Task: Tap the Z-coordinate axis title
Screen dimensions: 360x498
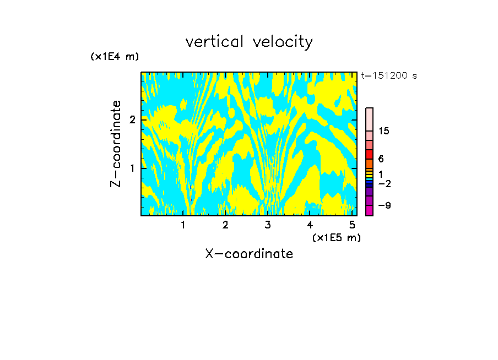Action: (x=116, y=144)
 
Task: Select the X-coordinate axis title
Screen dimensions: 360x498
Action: (x=249, y=254)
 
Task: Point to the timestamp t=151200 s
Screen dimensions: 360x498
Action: (x=388, y=76)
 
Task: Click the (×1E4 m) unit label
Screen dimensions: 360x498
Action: (x=115, y=57)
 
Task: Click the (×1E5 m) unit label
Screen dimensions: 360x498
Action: (x=336, y=237)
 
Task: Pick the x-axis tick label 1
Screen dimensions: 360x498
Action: (x=183, y=225)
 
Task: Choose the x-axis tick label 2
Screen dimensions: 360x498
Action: (x=225, y=225)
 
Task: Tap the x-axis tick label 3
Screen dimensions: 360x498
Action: (x=268, y=225)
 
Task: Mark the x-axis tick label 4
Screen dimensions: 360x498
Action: (x=310, y=225)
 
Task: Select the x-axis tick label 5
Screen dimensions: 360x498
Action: (x=352, y=225)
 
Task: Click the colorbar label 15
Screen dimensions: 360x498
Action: (x=385, y=131)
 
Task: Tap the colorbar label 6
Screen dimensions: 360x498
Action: (x=381, y=159)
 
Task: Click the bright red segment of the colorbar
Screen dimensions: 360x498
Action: (x=369, y=154)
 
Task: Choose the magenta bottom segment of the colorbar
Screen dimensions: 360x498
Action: (x=369, y=211)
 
